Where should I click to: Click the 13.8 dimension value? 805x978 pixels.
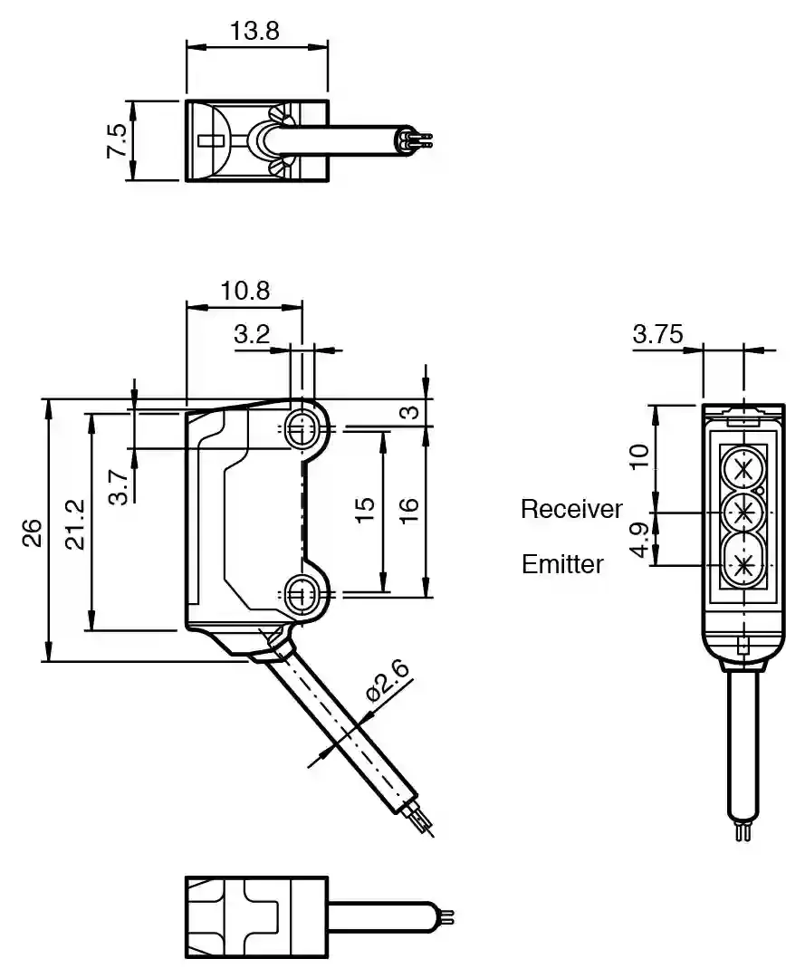tap(254, 30)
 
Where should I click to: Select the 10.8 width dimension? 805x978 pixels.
tap(244, 290)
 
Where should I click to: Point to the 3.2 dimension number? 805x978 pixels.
tap(252, 334)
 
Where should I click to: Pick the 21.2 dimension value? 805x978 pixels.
tap(76, 524)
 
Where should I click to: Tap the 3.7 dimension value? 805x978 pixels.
tap(118, 486)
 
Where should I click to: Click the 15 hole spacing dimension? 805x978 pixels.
tap(364, 510)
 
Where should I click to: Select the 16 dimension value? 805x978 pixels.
tap(409, 509)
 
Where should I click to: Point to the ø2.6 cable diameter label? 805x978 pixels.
tap(388, 682)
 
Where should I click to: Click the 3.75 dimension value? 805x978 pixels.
tap(657, 334)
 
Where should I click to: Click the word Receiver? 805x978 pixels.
tap(571, 509)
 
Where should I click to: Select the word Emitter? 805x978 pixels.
tap(562, 564)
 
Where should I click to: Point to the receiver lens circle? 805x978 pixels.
tap(743, 513)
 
